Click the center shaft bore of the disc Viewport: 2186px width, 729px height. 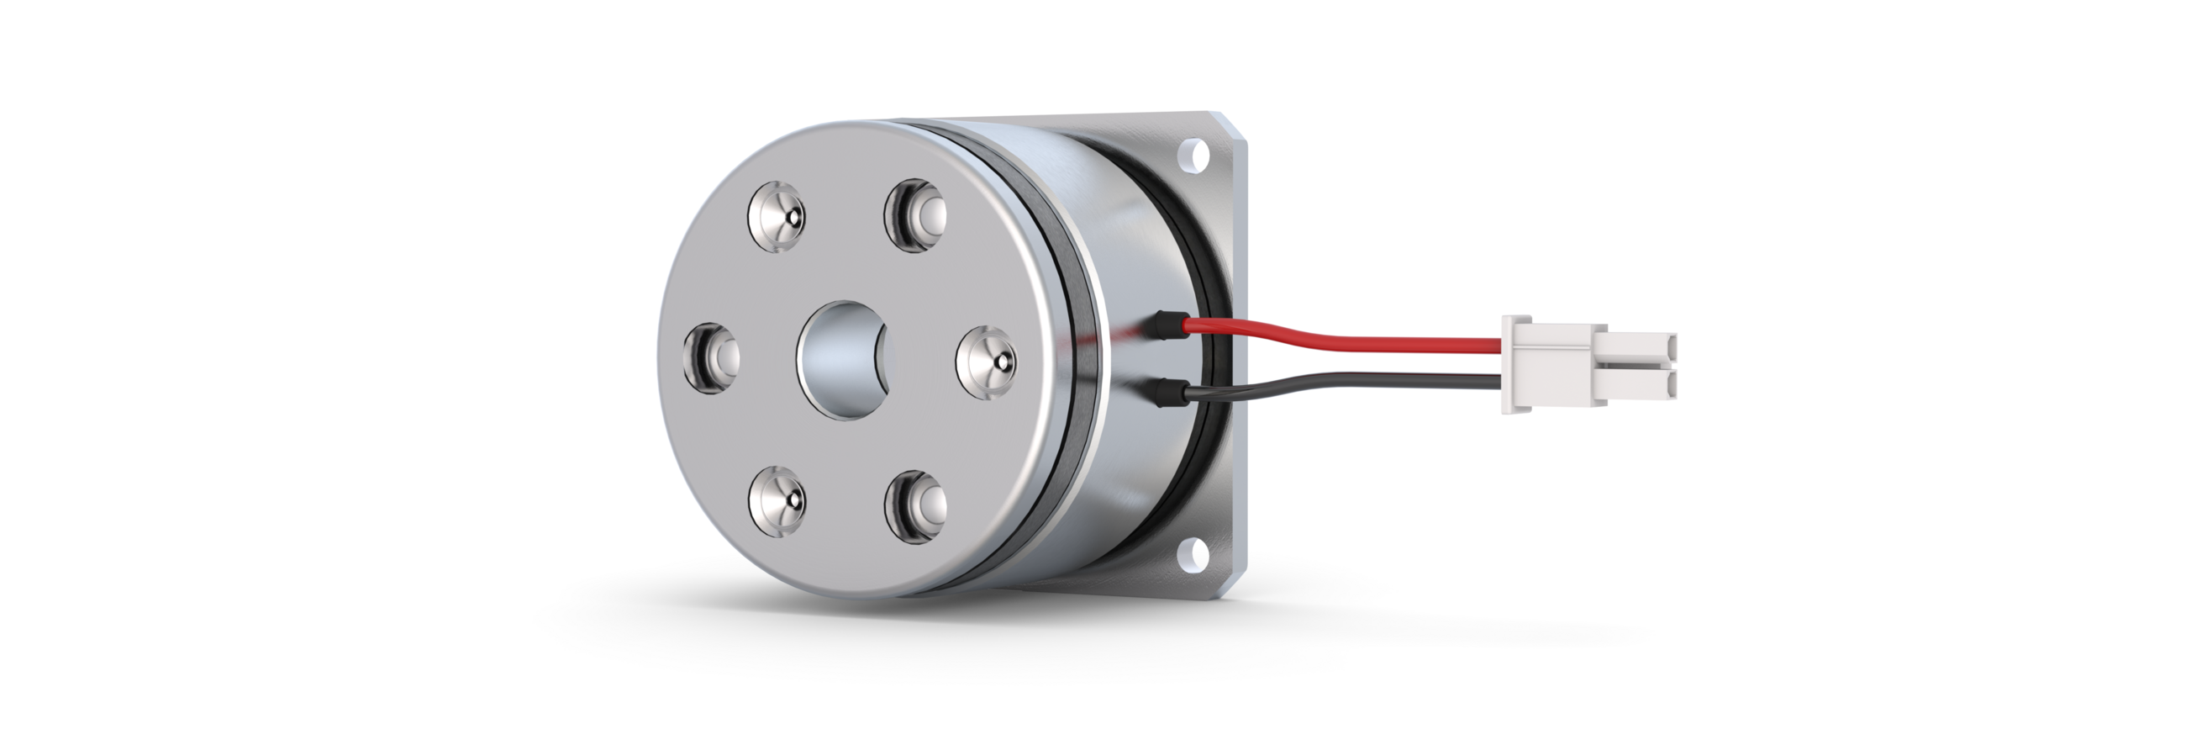coord(842,359)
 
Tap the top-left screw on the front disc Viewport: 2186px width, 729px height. coord(776,216)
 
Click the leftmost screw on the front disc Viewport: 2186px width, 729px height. coord(711,357)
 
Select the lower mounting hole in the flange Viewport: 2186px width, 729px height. coord(1196,552)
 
